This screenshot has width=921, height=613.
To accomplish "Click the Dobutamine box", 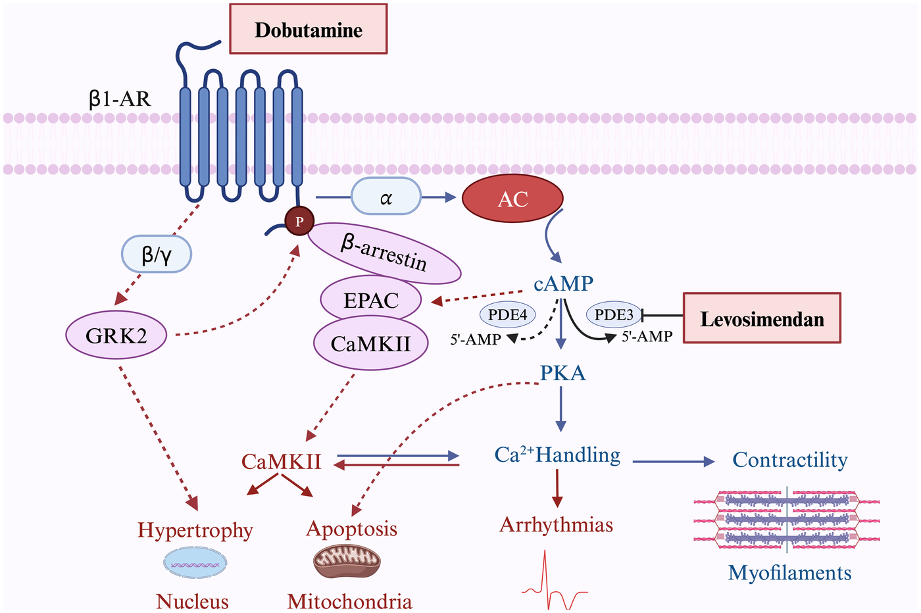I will click(308, 30).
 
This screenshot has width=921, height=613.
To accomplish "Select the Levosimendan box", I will click(762, 318).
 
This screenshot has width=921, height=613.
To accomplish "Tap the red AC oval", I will click(512, 199).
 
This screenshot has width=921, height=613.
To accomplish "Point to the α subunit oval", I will click(386, 197).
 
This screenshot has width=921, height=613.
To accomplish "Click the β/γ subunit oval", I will click(157, 254).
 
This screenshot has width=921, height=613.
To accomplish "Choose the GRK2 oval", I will click(116, 335).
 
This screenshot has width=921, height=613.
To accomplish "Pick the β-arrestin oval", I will click(384, 253).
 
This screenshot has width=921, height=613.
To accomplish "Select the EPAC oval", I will click(371, 300).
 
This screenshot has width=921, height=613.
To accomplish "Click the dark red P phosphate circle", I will click(299, 222).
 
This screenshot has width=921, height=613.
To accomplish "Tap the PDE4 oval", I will click(508, 314).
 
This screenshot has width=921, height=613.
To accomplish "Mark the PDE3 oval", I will click(614, 314).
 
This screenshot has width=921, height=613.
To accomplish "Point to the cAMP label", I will click(563, 283).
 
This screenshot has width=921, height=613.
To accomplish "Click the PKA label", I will click(562, 373).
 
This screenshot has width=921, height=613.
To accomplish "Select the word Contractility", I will click(789, 460).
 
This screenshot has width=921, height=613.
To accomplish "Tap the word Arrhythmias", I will click(557, 525).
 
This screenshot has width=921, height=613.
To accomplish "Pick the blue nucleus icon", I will click(195, 564).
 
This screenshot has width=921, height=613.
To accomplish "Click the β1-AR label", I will click(120, 99).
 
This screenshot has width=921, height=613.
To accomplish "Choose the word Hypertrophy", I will click(195, 530).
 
